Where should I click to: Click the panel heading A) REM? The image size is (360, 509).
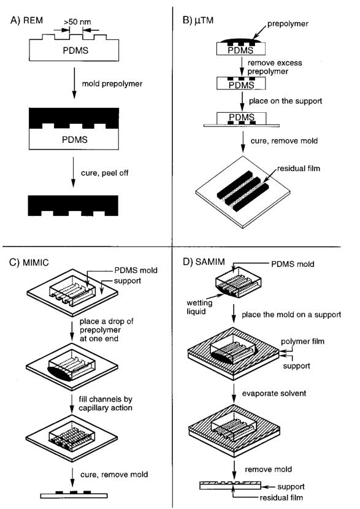click(x=26, y=20)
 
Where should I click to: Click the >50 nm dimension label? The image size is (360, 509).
click(x=77, y=22)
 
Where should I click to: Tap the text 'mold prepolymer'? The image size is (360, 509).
click(x=112, y=84)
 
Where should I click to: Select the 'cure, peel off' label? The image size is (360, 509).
click(x=104, y=173)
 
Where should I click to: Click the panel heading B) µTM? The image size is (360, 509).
click(x=198, y=20)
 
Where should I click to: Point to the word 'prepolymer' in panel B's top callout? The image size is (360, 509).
click(x=288, y=24)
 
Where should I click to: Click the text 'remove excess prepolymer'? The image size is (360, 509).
click(x=275, y=67)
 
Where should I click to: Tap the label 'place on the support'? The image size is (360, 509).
click(x=285, y=101)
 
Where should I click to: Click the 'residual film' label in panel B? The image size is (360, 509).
click(x=298, y=168)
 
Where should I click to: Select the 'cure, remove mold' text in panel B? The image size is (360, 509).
click(x=284, y=141)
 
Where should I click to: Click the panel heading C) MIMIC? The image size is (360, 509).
click(x=29, y=262)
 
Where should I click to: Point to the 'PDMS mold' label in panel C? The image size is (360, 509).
click(x=136, y=270)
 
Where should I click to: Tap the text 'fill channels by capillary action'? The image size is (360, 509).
click(x=105, y=404)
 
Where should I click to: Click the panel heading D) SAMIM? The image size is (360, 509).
click(x=204, y=262)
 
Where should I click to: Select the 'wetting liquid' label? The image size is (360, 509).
click(x=199, y=307)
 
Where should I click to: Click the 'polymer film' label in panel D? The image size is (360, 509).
click(x=302, y=341)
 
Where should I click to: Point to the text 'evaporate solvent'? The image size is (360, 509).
click(x=274, y=394)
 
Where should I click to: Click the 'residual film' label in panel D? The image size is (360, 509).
click(x=281, y=497)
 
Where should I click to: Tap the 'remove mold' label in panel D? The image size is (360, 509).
click(x=268, y=469)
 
